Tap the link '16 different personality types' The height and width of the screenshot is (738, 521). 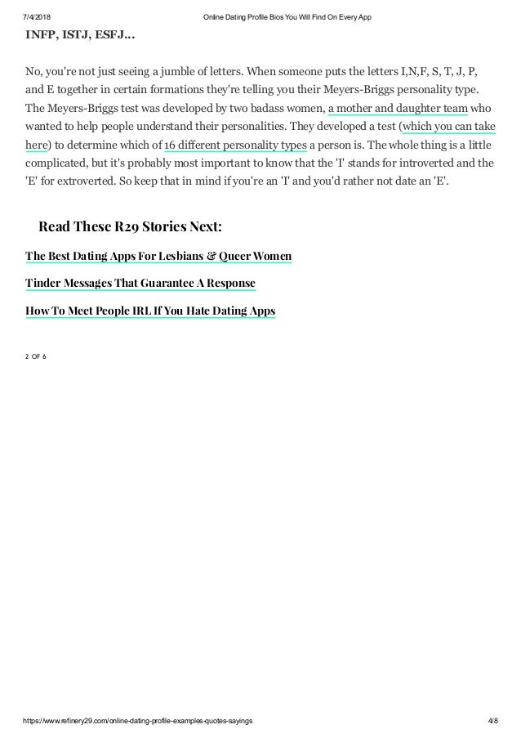point(235,145)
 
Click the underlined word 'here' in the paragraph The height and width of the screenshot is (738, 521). point(37,145)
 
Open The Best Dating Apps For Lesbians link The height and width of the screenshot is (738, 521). point(158,257)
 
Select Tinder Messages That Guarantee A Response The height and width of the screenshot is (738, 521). point(140,284)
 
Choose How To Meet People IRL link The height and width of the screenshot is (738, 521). point(150,311)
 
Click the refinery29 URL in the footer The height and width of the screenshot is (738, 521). point(135,722)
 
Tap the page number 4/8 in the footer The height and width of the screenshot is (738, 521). point(489,722)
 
